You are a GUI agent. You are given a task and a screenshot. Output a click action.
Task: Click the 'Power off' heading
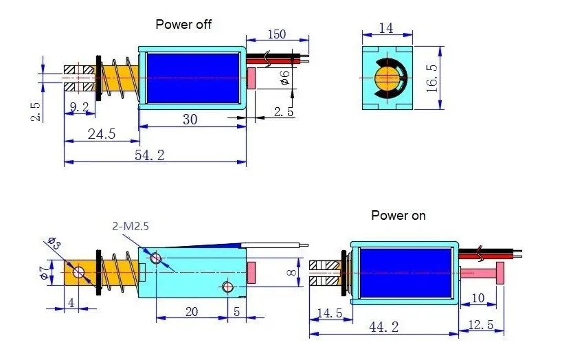(183, 24)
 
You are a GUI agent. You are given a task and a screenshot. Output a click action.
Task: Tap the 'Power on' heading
(398, 215)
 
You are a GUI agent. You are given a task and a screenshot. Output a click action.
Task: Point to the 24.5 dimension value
(101, 133)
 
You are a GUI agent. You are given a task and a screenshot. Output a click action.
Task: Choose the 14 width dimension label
(387, 29)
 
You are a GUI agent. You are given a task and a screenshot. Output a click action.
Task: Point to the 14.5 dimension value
(329, 313)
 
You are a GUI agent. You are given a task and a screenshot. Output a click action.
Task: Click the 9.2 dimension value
(80, 106)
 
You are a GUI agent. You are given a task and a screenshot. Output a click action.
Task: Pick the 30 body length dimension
(190, 119)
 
